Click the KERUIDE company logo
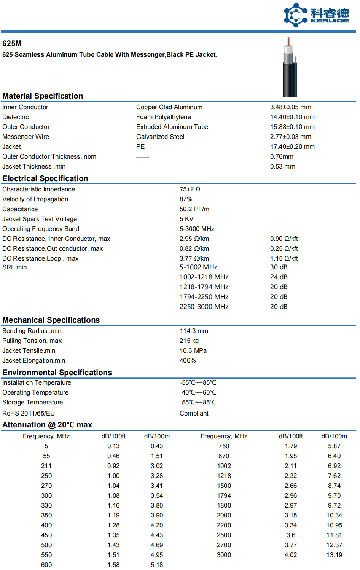[x=316, y=15]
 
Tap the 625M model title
[x=12, y=43]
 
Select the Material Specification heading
[x=43, y=96]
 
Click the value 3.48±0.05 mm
[x=290, y=107]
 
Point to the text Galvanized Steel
[x=160, y=137]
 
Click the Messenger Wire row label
[x=25, y=137]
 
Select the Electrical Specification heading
[x=45, y=178]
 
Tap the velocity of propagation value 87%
[x=186, y=199]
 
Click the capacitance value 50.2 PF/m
[x=194, y=209]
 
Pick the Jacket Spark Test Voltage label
[x=40, y=219]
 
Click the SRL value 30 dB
[x=279, y=267]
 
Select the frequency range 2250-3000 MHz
[x=204, y=307]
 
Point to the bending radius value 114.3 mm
[x=194, y=331]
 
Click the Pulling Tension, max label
[x=32, y=341]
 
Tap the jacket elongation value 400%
[x=187, y=361]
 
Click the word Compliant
[x=194, y=414]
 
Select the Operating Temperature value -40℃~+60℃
[x=198, y=393]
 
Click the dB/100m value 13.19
[x=334, y=555]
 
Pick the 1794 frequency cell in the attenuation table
[x=224, y=496]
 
